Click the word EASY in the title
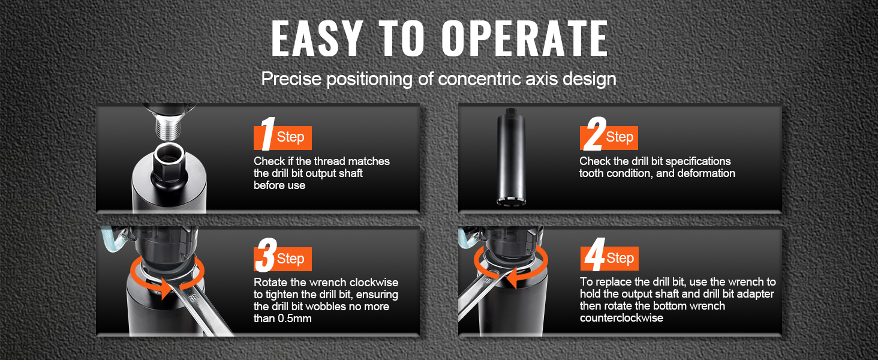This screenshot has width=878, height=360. coord(316,38)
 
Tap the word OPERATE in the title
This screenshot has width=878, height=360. coord(525,38)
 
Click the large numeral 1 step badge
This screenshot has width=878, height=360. coord(267,134)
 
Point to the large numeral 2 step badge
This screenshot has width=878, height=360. coord(594,134)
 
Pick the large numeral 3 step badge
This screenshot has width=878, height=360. coord(265,255)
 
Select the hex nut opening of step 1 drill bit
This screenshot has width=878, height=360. coord(169,157)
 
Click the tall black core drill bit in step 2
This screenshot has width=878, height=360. coord(510,157)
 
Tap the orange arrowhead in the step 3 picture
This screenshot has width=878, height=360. coord(164,290)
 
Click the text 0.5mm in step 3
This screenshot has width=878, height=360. coord(294,319)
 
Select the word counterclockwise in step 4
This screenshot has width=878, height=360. coord(621,317)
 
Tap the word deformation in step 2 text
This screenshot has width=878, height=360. coord(706,173)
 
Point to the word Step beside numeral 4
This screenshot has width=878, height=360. coord(620,258)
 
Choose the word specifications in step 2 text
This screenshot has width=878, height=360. coord(697,161)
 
